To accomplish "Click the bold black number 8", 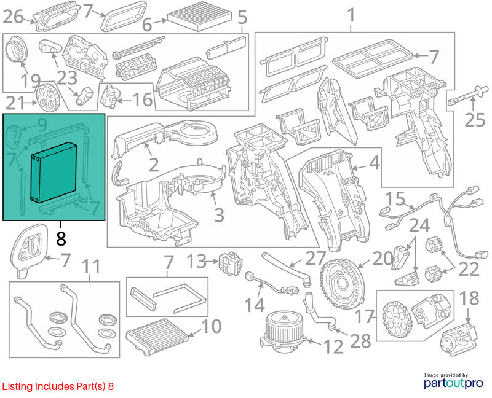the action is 61,239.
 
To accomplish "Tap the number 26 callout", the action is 13,17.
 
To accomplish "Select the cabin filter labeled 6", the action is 199,17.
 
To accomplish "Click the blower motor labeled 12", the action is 284,332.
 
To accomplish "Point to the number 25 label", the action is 475,120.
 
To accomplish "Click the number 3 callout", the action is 219,215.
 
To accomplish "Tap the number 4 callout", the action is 375,163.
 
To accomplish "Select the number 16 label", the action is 143,99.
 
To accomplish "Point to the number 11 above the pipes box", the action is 90,267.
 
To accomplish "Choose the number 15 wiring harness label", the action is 395,198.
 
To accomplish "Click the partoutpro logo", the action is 453,381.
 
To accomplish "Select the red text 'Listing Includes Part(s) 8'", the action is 58,386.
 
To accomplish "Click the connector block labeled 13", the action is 232,263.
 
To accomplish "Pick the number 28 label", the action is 360,341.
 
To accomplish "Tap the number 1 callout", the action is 351,15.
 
